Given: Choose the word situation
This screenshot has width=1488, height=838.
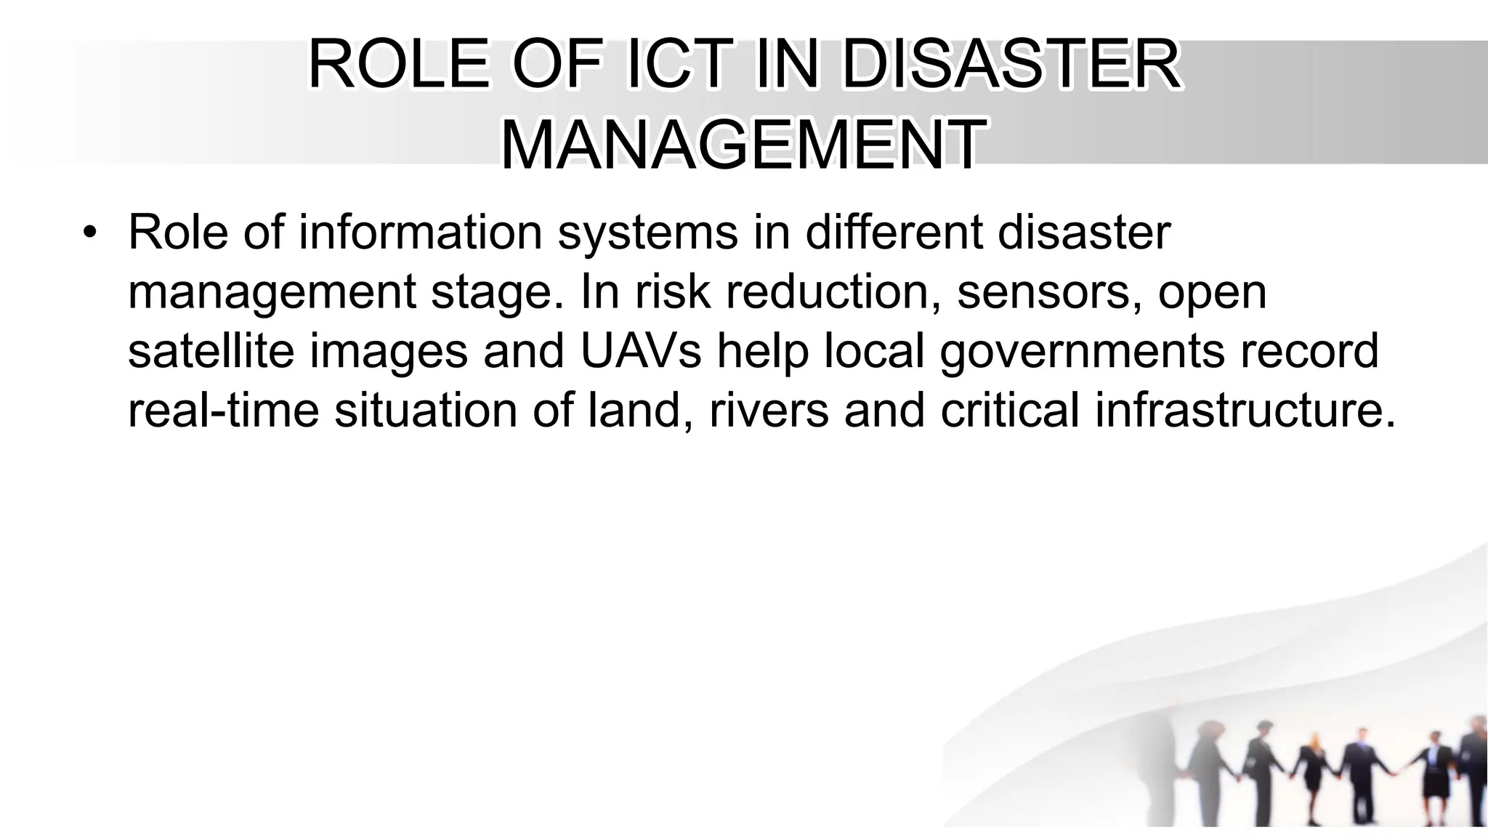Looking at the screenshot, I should (x=426, y=410).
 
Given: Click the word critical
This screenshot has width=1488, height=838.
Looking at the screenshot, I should (x=1010, y=410).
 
